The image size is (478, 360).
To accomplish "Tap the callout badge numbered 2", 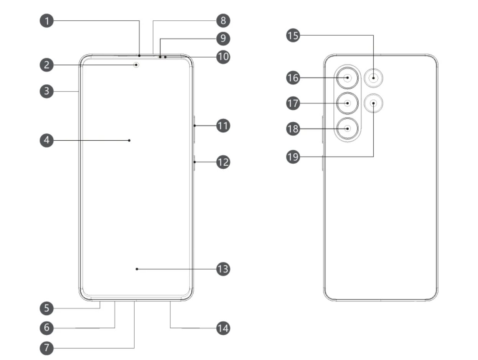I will tap(47, 65).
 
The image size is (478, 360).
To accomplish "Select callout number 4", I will tap(47, 140).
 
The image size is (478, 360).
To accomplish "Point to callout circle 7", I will tap(47, 348).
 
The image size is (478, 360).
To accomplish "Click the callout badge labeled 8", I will tap(223, 20).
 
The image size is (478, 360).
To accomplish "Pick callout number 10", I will tap(223, 57).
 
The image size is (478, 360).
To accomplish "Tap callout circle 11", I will tap(223, 125).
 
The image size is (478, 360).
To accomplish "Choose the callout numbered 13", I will tap(223, 269).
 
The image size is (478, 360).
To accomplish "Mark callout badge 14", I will tap(223, 328).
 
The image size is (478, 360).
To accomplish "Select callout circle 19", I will tap(293, 156).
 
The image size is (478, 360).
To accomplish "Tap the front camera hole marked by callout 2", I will tap(136, 65).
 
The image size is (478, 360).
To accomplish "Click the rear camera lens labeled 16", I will tap(348, 78).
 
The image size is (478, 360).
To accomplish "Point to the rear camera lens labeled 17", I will tap(348, 103).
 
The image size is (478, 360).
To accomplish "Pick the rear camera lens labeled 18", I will tap(348, 128).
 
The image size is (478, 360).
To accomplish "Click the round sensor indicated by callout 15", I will tap(373, 78).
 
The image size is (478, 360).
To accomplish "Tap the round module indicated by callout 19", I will tap(373, 103).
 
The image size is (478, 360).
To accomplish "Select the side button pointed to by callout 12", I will tap(194, 163).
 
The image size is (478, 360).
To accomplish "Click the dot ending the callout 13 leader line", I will tap(137, 269).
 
